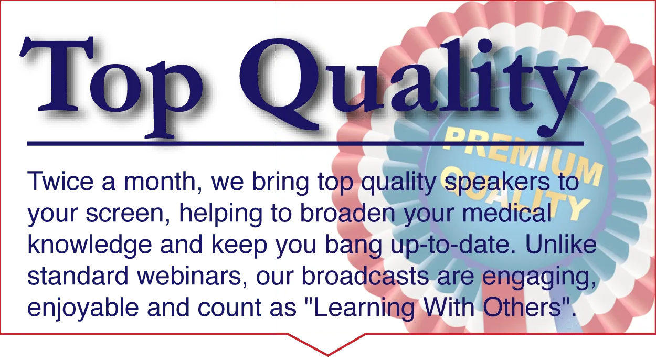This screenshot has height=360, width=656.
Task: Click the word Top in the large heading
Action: point(111,87)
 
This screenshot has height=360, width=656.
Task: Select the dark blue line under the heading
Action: point(305,144)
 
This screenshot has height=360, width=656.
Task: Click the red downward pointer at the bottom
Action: point(327,344)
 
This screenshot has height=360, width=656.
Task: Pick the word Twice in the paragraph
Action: point(60,181)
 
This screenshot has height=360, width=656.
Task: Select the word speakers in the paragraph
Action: point(498,183)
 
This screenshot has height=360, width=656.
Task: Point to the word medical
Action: point(507,212)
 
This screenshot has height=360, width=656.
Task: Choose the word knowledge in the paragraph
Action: point(90,245)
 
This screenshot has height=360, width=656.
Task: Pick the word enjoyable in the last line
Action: point(83,308)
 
